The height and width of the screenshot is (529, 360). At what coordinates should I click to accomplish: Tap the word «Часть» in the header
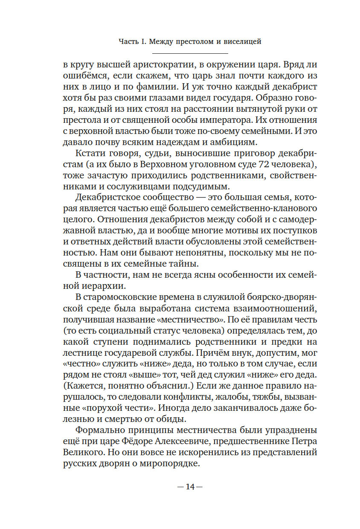tap(129, 42)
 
